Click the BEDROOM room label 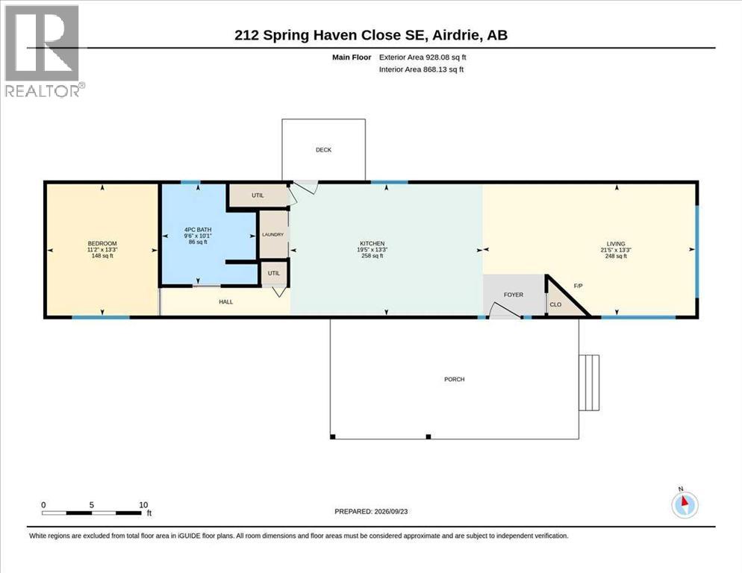[x=102, y=243]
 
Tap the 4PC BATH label [x=198, y=230]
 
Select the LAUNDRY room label [x=273, y=234]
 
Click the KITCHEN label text [x=372, y=243]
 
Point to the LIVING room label [x=616, y=244]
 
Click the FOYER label [x=514, y=294]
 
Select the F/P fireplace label [x=578, y=286]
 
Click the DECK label [x=324, y=149]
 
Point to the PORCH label [x=455, y=379]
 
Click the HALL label [x=225, y=301]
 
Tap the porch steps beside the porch [x=589, y=383]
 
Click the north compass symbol [x=685, y=504]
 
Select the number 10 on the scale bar [x=143, y=505]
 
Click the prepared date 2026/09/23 [x=391, y=512]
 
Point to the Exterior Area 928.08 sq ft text [x=423, y=57]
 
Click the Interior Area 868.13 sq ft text [x=421, y=69]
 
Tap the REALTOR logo [x=43, y=51]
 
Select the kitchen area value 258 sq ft [x=372, y=255]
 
